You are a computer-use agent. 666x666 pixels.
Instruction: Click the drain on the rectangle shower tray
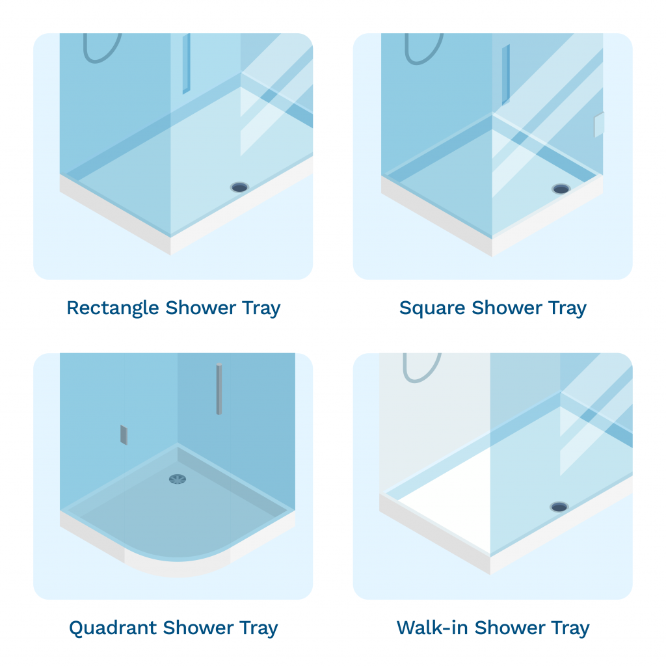(239, 187)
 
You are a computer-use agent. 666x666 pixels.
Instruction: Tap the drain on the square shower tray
(561, 189)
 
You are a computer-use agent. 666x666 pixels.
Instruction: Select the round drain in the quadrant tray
(177, 479)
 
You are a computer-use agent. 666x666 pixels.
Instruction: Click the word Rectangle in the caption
(113, 308)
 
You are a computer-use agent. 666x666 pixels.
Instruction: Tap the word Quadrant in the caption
(113, 628)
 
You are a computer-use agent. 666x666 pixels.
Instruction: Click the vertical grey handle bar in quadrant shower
(219, 388)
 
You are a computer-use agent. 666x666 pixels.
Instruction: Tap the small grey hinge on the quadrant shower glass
(124, 435)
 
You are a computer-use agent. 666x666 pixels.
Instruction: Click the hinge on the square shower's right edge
(599, 125)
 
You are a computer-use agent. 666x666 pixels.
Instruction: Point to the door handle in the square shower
(505, 74)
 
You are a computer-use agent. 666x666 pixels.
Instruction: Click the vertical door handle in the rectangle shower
(186, 64)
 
